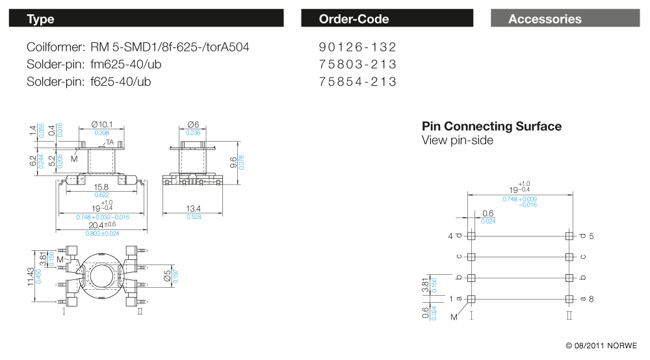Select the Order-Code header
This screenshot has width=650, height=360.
[x=387, y=19]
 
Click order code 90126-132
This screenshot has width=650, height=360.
[x=357, y=47]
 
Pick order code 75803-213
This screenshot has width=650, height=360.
[x=357, y=65]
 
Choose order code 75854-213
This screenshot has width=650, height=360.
[x=357, y=82]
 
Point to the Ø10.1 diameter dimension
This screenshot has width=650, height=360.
[x=102, y=124]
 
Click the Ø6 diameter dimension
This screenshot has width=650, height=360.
[x=192, y=124]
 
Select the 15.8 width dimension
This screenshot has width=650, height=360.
[x=102, y=188]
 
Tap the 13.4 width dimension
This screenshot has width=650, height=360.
[x=193, y=209]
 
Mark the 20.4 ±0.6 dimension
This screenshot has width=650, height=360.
[x=103, y=225]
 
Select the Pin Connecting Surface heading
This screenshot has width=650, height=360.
[x=491, y=126]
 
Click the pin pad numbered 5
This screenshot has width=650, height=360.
[x=570, y=236]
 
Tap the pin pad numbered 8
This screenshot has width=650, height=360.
[x=570, y=299]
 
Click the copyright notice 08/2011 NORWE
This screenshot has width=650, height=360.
[x=601, y=345]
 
